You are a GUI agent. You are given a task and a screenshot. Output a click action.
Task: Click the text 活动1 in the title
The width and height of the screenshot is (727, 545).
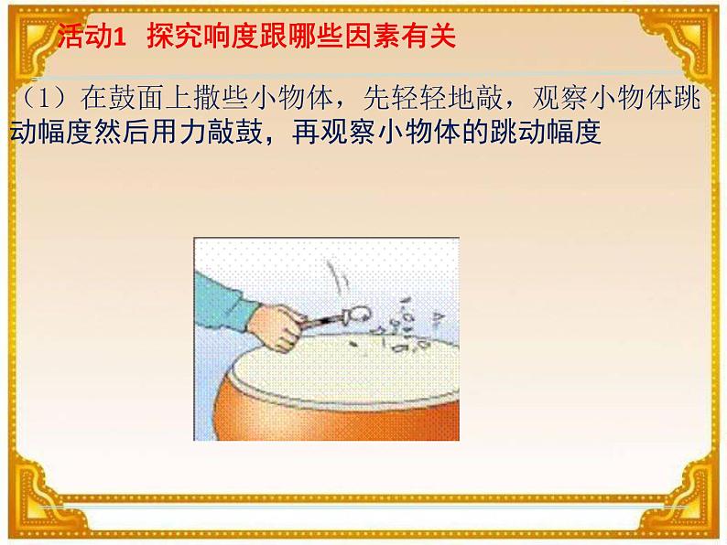(91, 37)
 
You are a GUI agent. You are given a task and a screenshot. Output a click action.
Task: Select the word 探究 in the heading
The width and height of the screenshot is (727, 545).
(170, 37)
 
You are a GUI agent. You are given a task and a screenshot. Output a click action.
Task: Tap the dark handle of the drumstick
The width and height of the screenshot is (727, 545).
(320, 319)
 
